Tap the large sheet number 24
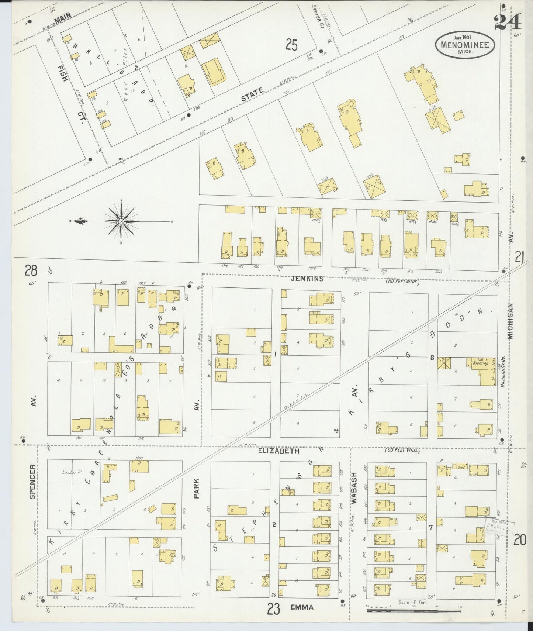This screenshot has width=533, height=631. (x=508, y=21)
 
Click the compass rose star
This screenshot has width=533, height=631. (x=121, y=221)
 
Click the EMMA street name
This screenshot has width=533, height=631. (x=301, y=607)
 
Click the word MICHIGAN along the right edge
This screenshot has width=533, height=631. (x=510, y=321)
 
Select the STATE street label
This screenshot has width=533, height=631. (x=252, y=94)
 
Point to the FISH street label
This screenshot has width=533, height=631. (x=60, y=74)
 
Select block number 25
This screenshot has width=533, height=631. (x=291, y=45)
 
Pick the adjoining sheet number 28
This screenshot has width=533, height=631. (x=31, y=271)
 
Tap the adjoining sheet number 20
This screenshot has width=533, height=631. (x=520, y=540)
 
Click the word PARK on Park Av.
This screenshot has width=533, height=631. (x=196, y=488)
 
